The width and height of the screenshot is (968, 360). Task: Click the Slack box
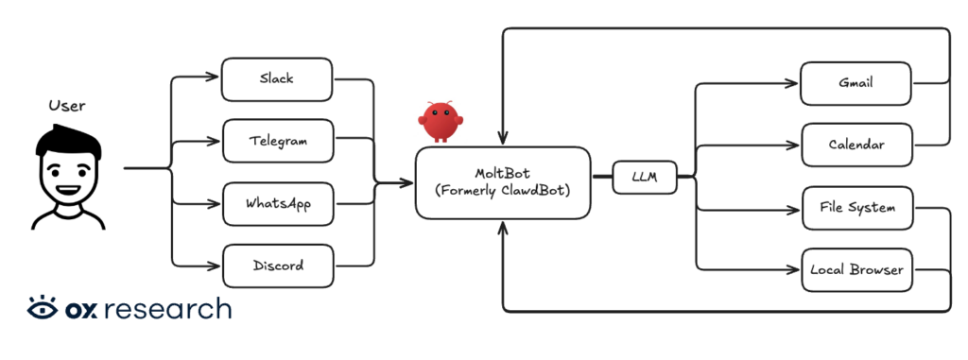point(277,79)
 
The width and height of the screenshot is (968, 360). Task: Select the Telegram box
point(277,141)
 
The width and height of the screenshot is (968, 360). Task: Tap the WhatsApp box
point(277,203)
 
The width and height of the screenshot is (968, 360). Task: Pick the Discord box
point(277,266)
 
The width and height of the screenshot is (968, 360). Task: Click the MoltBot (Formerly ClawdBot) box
point(503,182)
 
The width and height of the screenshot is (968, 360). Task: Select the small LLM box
point(645,177)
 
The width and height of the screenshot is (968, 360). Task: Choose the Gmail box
point(856,83)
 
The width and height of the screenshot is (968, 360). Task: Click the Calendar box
point(856,146)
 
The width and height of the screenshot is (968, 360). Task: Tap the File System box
point(856,207)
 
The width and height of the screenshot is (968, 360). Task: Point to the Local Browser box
point(856,269)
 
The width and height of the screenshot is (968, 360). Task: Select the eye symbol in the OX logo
point(42,309)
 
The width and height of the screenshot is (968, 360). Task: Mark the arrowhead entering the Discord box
point(216,266)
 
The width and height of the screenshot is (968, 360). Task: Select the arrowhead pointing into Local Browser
point(795,269)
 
